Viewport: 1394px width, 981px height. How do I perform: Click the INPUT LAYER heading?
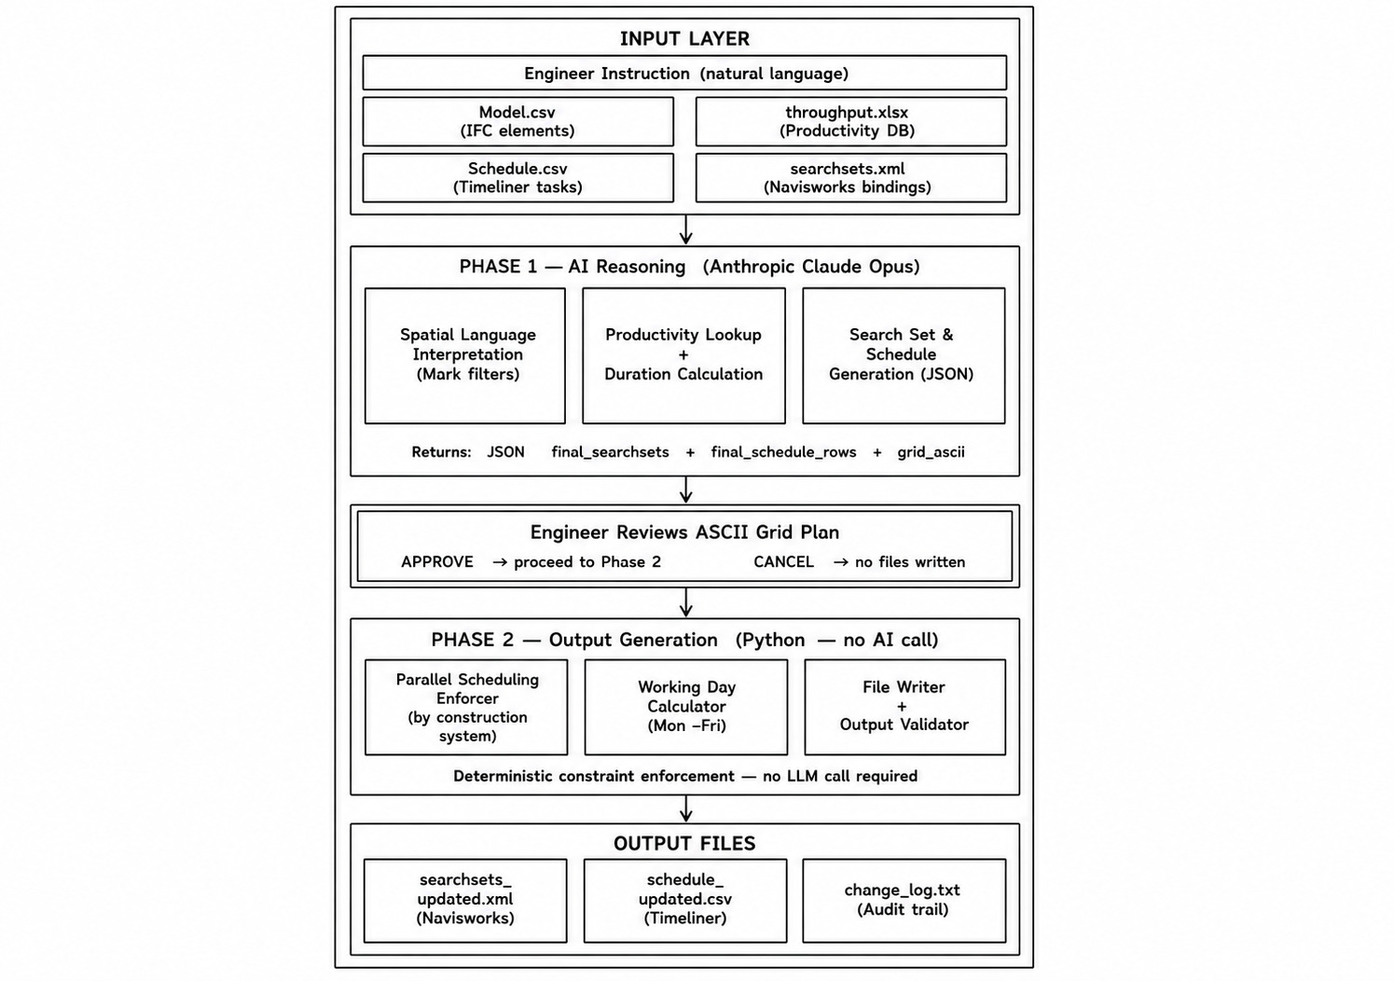(684, 38)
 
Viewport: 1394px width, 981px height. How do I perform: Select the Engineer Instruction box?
(684, 73)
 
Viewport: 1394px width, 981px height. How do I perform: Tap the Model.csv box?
(518, 121)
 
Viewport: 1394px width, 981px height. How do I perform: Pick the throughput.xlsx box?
(850, 121)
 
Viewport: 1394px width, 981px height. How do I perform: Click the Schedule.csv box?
(518, 177)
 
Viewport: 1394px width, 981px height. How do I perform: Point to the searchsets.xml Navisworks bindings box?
(850, 177)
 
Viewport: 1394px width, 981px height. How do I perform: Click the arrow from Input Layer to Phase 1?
(685, 229)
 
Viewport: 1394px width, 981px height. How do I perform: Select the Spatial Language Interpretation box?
(465, 355)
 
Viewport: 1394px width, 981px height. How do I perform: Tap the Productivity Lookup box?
(683, 355)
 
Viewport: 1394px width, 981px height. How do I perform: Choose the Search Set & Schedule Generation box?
(904, 355)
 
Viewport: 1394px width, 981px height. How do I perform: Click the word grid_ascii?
(931, 452)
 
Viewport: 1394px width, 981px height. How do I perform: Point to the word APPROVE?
(437, 562)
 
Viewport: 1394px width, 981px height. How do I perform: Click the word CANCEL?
(783, 562)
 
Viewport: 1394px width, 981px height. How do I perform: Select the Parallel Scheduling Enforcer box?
(466, 707)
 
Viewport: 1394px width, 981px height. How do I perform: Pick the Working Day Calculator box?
(685, 707)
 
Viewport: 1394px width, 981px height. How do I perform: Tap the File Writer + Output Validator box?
(904, 707)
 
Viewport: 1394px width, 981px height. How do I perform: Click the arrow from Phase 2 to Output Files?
(685, 809)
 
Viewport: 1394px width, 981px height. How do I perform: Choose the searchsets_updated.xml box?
(465, 901)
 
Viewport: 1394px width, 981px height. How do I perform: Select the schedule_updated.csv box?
(685, 901)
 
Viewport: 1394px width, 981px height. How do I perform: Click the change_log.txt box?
(904, 901)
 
